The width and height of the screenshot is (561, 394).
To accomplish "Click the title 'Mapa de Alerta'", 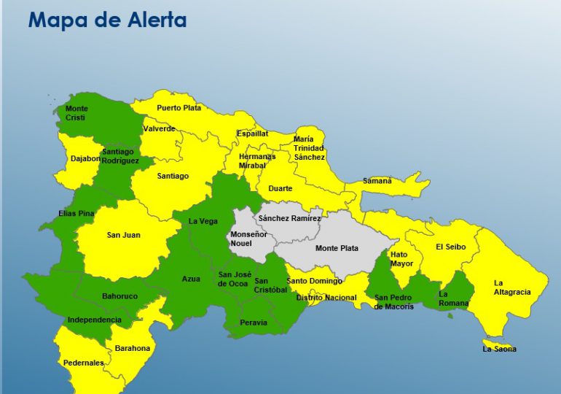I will click(107, 20).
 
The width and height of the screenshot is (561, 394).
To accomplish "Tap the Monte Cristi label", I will click(76, 113).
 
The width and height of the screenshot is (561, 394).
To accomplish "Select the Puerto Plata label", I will click(178, 108).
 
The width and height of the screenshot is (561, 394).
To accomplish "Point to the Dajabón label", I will click(85, 158).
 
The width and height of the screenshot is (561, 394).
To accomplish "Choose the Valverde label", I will click(160, 128).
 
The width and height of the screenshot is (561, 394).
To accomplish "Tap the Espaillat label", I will click(252, 134).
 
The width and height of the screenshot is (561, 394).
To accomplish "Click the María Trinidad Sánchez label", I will click(309, 148).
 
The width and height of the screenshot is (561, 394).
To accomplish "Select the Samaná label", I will click(377, 181).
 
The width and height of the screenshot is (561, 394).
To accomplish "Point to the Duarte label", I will click(280, 188).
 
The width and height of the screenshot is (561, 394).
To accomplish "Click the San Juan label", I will click(123, 235).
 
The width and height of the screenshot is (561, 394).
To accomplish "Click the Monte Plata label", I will click(337, 248).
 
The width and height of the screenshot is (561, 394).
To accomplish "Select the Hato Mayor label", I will click(401, 259).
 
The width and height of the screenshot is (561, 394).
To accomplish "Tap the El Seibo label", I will click(450, 247).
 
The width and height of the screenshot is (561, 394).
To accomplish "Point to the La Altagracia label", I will click(511, 287).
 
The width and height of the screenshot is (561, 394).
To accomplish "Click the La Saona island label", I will click(500, 349).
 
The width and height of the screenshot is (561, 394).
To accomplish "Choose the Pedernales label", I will click(83, 363).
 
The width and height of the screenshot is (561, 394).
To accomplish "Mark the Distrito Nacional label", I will click(326, 298).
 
